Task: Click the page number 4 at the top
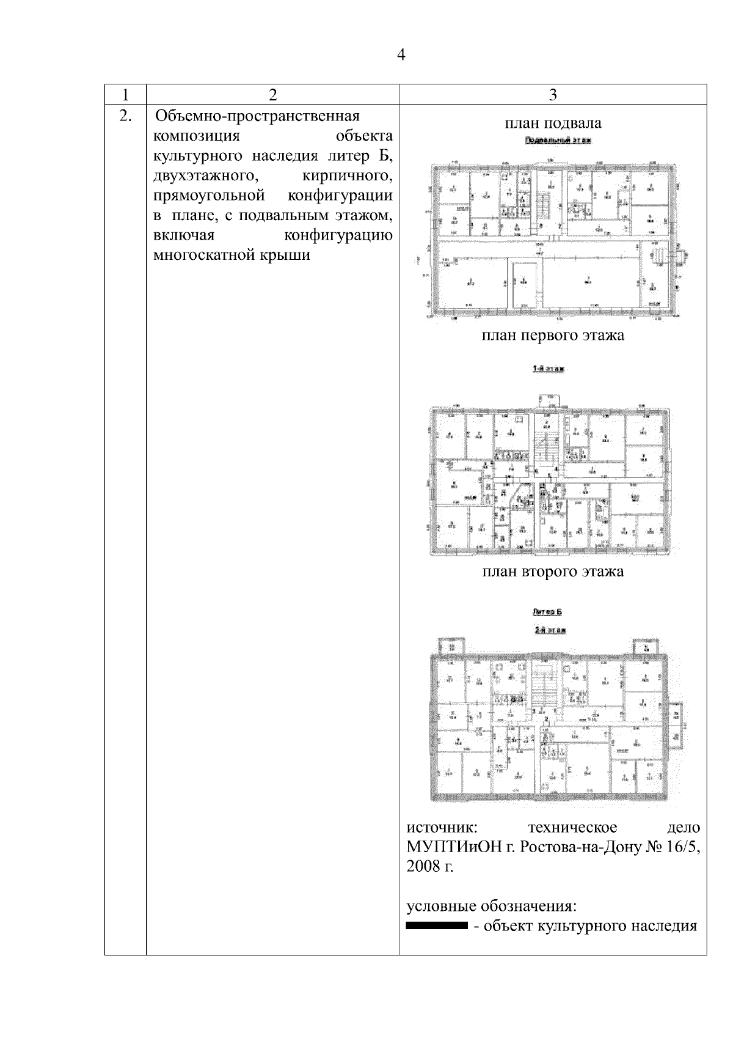[401, 55]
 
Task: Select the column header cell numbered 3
[553, 95]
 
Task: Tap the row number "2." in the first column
[125, 116]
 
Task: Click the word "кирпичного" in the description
[347, 176]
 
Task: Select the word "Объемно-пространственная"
[257, 116]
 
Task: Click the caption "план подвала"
[553, 123]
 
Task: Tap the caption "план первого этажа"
[553, 336]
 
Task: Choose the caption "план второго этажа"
[553, 572]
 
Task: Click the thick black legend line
[437, 926]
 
